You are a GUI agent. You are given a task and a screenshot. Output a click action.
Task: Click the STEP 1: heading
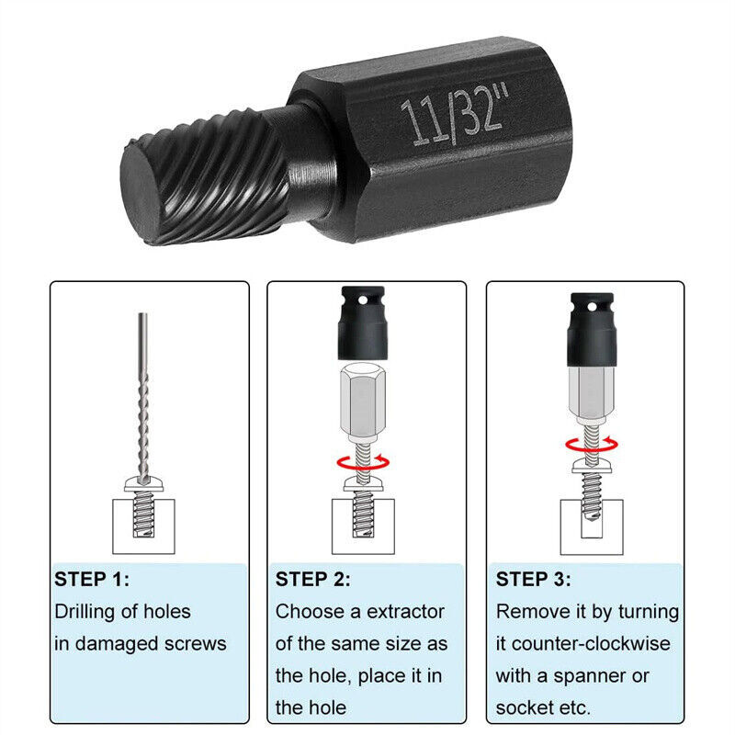(92, 580)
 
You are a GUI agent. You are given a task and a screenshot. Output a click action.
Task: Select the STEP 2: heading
(312, 580)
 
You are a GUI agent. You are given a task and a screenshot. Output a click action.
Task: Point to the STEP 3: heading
(533, 580)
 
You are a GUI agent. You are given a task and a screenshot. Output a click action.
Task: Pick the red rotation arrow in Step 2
(364, 460)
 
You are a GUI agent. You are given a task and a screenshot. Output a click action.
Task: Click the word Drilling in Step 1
(91, 612)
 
